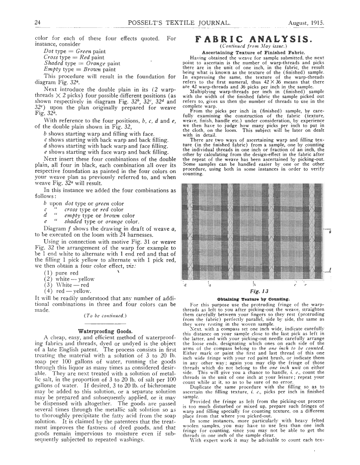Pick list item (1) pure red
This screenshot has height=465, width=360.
(61, 273)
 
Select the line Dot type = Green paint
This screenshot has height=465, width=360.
(74, 51)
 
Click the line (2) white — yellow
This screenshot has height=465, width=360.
(70, 279)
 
